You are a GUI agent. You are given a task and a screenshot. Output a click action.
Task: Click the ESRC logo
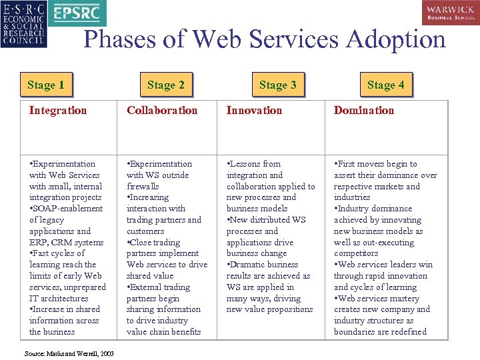(x=25, y=24)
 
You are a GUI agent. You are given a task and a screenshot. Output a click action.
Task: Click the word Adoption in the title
(x=393, y=39)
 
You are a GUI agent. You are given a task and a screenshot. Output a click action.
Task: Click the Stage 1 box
(x=46, y=85)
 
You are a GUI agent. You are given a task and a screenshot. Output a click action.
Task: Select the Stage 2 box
(x=166, y=85)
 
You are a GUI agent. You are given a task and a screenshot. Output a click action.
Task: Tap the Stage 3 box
(x=278, y=85)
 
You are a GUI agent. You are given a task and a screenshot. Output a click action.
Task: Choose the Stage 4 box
(x=385, y=85)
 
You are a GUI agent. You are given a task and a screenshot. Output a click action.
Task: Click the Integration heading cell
(x=58, y=111)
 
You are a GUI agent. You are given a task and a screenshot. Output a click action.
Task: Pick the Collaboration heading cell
(x=162, y=111)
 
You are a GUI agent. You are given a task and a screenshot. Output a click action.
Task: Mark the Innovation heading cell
(x=254, y=111)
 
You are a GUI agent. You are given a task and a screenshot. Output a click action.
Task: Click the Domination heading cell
(x=364, y=111)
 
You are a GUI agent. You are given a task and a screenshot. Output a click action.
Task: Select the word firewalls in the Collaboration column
(x=143, y=186)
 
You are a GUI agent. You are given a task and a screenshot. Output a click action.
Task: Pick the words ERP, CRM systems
(x=66, y=242)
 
